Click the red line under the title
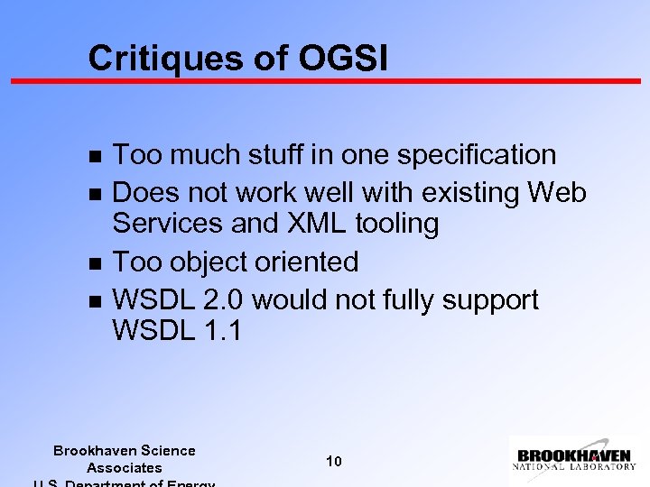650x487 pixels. [x=325, y=81]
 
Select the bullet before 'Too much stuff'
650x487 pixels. [x=96, y=156]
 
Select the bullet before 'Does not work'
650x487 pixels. [x=96, y=194]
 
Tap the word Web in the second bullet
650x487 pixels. [x=557, y=193]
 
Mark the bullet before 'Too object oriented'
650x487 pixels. [x=96, y=263]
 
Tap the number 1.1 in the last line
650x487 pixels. [x=222, y=331]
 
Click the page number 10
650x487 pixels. [x=333, y=462]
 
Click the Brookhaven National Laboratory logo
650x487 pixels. [x=574, y=456]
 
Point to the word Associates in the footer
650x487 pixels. [x=124, y=468]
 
